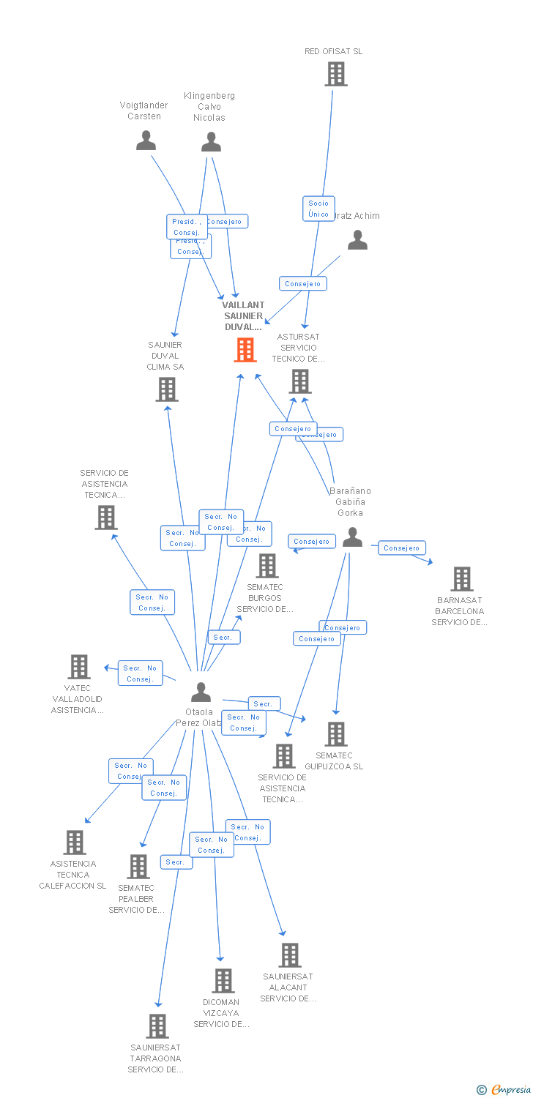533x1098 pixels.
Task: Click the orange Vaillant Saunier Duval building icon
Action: tap(245, 350)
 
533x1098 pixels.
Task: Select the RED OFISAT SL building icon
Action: tap(336, 74)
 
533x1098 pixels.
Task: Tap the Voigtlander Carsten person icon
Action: tap(146, 140)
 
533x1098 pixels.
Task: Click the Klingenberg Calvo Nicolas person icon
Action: tap(212, 141)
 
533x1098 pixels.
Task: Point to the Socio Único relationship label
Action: tap(318, 209)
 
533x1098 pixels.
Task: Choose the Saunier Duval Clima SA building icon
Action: tap(167, 389)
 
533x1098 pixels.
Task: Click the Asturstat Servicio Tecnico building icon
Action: tap(300, 381)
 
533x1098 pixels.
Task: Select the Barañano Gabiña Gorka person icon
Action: tap(353, 537)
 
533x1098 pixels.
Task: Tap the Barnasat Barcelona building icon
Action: tap(462, 579)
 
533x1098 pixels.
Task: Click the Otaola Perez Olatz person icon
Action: tap(201, 692)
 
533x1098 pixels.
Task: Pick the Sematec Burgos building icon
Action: tap(267, 566)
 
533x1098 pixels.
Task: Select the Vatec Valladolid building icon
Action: tap(79, 667)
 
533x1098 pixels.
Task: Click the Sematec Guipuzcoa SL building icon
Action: tap(336, 734)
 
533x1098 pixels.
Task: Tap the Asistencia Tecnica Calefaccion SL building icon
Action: tap(75, 843)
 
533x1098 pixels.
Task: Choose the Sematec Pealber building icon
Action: tap(138, 867)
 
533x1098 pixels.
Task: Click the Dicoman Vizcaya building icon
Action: tap(223, 981)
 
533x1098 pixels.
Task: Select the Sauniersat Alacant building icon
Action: tap(290, 955)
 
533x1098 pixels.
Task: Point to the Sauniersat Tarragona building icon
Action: tap(157, 1026)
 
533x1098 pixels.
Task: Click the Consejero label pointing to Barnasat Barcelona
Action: tap(402, 548)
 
